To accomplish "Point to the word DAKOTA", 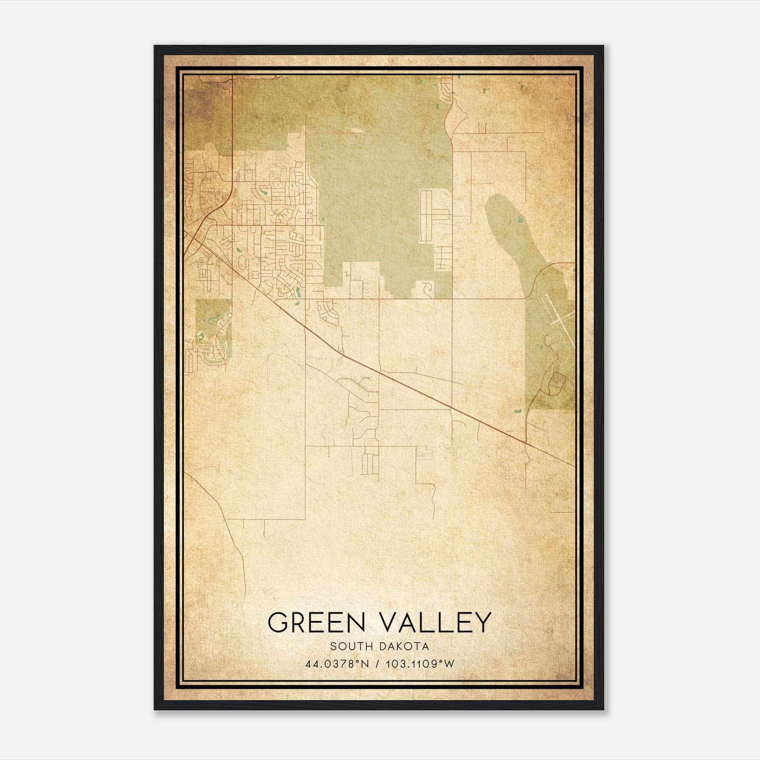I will [405, 646].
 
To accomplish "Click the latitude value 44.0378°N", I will [337, 664].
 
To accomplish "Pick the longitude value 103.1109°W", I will [420, 664].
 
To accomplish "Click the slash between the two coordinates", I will [378, 664].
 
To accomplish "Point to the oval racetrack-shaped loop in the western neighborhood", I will [242, 262].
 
